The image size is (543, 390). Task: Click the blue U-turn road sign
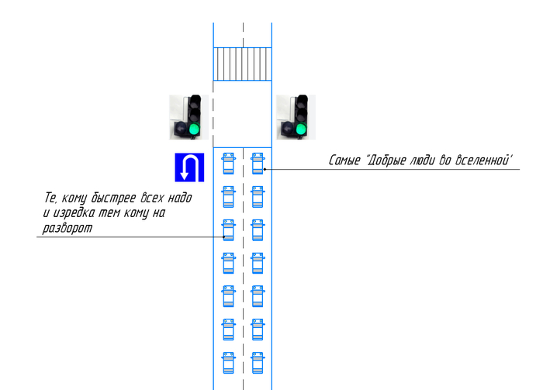(189, 167)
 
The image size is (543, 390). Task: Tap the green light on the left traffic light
(194, 129)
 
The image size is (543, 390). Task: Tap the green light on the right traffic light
(301, 129)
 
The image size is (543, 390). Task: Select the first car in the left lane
(228, 164)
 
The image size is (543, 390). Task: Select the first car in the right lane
(258, 164)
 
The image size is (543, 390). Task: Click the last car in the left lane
(228, 363)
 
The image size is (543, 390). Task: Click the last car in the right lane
(258, 363)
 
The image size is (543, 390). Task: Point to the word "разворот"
(67, 229)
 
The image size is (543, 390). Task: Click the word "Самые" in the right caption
(344, 160)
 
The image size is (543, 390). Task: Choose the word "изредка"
(74, 212)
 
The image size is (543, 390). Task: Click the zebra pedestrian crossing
(242, 64)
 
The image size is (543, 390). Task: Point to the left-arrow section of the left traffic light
(181, 129)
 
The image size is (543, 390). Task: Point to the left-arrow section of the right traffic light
(287, 129)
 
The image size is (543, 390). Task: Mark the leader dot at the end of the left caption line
(223, 237)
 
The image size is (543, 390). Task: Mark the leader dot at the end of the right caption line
(265, 169)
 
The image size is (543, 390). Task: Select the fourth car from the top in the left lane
(228, 264)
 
